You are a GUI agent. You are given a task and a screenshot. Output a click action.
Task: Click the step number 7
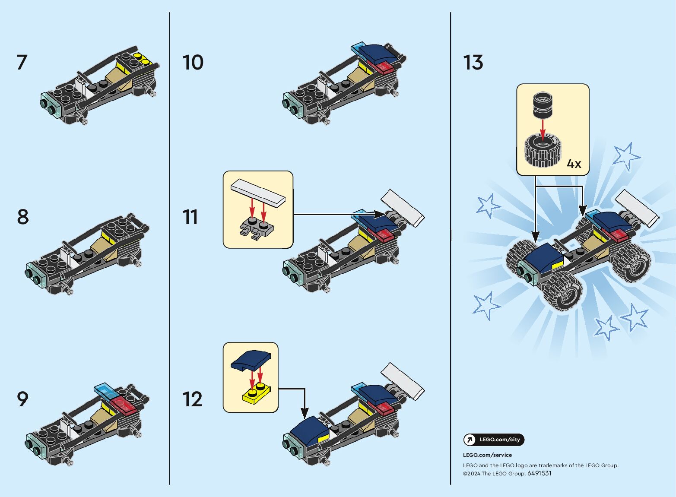point(22,62)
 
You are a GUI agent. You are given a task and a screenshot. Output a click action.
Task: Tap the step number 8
point(23,217)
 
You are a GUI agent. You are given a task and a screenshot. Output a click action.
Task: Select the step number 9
point(22,399)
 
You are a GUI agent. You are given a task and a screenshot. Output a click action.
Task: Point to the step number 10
point(193,63)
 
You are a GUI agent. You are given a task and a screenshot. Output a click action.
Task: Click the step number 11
point(190,217)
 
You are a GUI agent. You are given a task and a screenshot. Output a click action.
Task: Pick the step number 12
point(192,399)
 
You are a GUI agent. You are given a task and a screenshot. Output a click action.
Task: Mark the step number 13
point(473,63)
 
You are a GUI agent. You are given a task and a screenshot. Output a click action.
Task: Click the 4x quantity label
point(574,164)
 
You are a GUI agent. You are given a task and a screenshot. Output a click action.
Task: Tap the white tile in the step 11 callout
point(258,193)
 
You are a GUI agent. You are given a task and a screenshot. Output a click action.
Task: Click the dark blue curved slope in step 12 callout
point(251,360)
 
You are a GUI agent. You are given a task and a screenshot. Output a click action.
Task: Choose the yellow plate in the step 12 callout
point(257,393)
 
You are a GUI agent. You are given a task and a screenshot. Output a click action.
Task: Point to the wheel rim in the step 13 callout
point(543,104)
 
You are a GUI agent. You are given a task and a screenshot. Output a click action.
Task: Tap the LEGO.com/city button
point(494,440)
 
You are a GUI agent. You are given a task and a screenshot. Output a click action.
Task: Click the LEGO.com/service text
point(487,455)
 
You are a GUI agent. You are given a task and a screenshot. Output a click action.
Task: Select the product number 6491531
point(540,473)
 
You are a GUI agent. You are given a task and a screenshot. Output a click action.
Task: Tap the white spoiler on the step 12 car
point(403,381)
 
